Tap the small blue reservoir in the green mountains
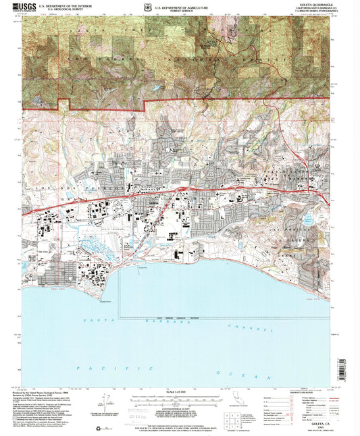(x=157, y=87)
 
